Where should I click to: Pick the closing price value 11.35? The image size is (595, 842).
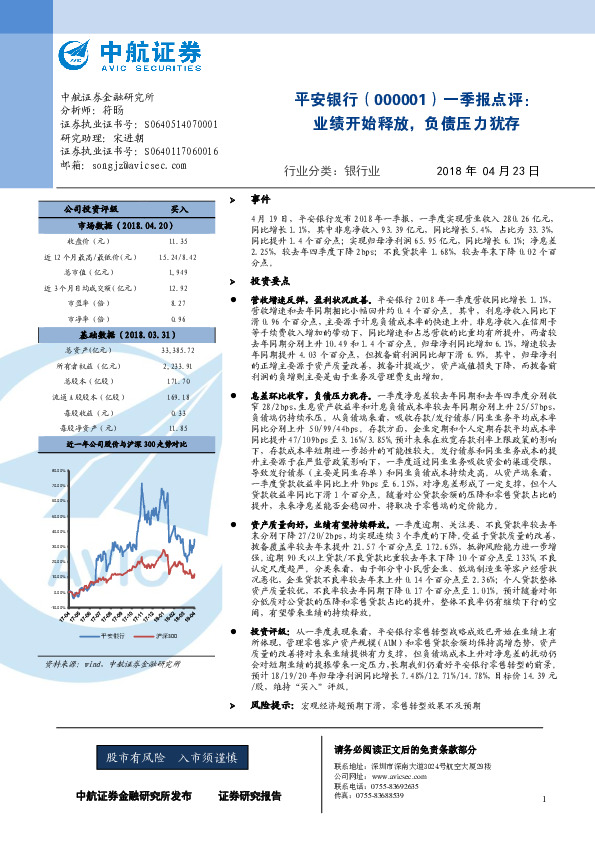(x=178, y=241)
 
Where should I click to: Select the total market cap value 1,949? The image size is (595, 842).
(x=178, y=272)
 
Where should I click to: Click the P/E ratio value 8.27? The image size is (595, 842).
(x=178, y=303)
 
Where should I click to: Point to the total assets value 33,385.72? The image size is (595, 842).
(x=176, y=351)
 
